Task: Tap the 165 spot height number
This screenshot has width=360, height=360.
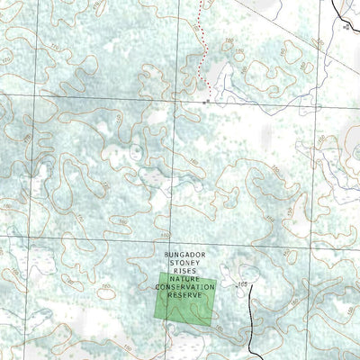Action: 241,284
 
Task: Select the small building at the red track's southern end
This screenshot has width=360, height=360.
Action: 206,102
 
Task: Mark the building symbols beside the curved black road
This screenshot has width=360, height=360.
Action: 347,27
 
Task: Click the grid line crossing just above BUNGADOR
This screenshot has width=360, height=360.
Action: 108,238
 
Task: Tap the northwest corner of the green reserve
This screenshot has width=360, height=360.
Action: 157,274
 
